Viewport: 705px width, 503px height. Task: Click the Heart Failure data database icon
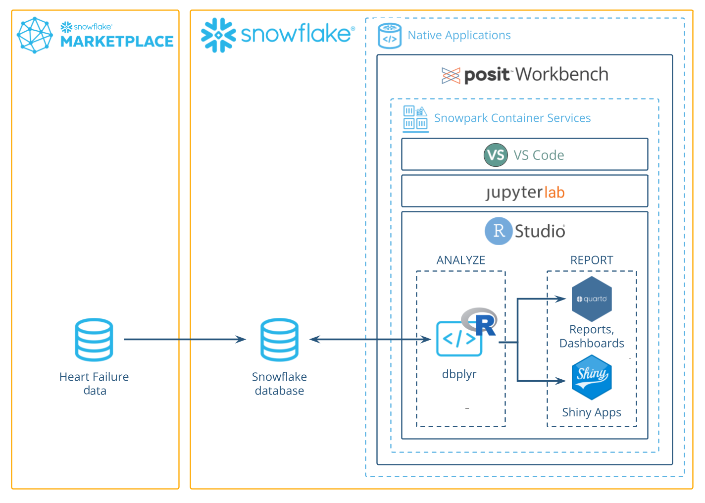pos(94,340)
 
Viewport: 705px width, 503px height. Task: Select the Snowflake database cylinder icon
pos(279,340)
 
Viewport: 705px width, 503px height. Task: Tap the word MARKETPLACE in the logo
pos(117,42)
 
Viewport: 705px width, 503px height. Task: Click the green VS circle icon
pos(496,155)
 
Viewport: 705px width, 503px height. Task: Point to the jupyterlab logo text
pos(525,192)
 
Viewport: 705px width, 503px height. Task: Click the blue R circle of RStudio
pos(498,231)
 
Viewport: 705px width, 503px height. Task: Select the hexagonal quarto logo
pos(592,299)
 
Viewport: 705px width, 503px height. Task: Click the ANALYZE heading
pos(460,260)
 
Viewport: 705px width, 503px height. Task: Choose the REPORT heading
pos(592,260)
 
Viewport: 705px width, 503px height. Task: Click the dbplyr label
pos(459,374)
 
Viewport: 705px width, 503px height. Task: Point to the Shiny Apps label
pos(592,412)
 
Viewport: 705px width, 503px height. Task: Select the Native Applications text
pos(459,35)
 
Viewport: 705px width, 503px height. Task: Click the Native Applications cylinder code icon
pos(390,36)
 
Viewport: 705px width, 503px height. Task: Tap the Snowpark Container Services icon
pos(415,118)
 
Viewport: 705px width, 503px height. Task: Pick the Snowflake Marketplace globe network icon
pos(35,35)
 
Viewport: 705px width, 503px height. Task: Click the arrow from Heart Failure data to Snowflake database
pos(184,340)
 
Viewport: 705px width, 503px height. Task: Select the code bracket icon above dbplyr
pos(459,339)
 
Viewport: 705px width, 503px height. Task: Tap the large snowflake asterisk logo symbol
pos(218,35)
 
